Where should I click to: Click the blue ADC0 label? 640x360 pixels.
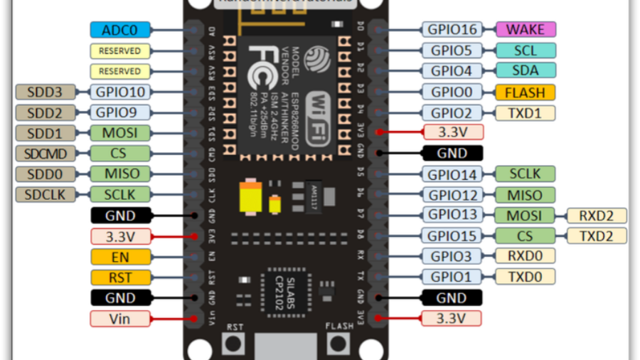119,30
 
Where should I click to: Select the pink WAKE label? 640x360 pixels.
526,30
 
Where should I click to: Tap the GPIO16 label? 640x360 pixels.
452,30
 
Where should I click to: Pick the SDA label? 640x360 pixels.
526,70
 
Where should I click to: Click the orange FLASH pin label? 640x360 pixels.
526,92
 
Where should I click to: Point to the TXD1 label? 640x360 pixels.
526,112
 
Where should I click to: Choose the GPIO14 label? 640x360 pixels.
452,174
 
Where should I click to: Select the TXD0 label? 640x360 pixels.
526,277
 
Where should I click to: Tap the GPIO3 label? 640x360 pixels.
452,256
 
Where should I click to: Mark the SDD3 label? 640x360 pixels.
45,92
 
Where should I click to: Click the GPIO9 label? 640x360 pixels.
119,112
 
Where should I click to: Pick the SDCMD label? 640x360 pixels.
45,154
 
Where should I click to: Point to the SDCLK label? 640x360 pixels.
45,194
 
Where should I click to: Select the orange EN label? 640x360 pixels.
119,256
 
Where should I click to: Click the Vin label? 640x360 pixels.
119,318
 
